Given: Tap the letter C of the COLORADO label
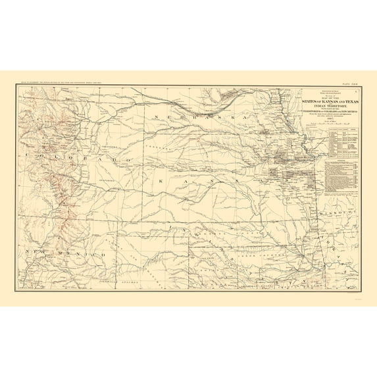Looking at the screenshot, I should tap(26, 155).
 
